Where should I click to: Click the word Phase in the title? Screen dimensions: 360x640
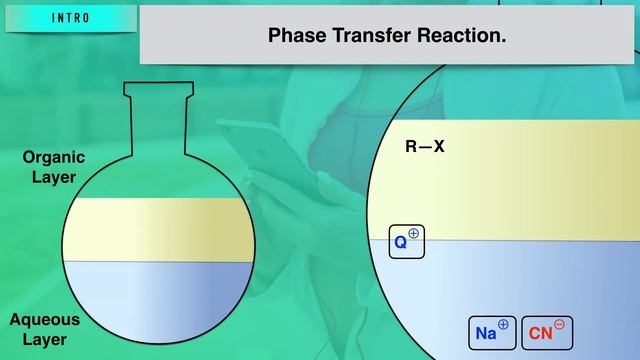[x=294, y=36]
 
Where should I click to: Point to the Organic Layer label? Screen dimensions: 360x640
[x=54, y=167]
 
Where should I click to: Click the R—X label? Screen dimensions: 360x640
[x=424, y=147]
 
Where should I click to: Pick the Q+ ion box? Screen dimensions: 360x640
[x=407, y=241]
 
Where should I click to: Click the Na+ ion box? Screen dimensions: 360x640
[x=492, y=333]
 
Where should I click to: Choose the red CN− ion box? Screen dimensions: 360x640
[x=547, y=333]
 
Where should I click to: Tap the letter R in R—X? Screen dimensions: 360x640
[x=410, y=147]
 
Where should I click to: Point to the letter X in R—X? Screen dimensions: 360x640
[x=438, y=147]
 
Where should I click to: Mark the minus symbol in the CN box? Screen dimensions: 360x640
[x=560, y=325]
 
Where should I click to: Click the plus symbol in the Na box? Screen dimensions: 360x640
[x=503, y=325]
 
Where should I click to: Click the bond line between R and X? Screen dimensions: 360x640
[x=424, y=147]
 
